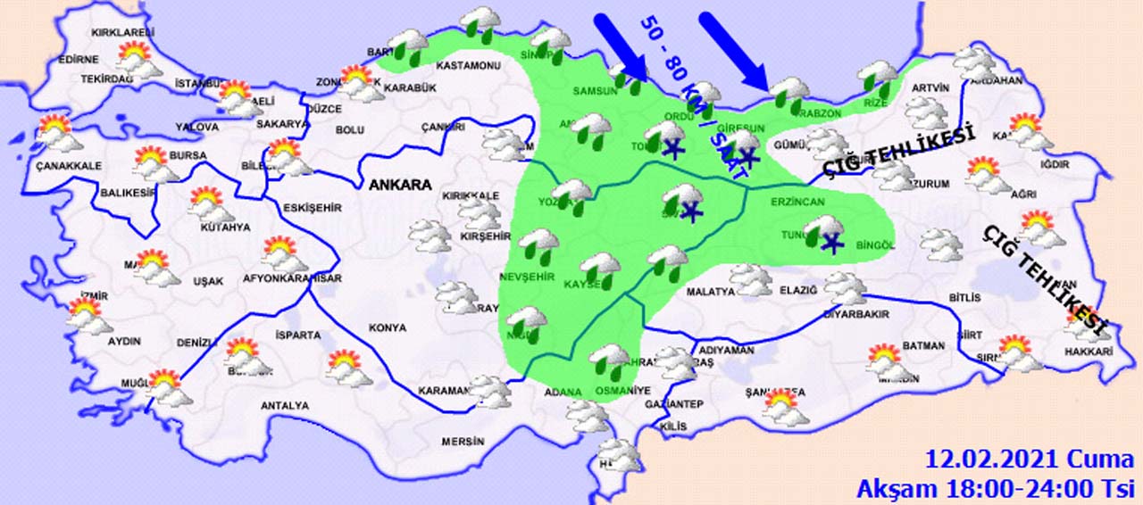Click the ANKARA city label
pos(399,186)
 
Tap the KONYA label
pos(387,328)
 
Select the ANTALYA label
pos(284,406)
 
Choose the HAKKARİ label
pos(1089,352)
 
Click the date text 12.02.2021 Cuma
pos(1030,460)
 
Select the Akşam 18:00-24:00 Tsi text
pos(995,489)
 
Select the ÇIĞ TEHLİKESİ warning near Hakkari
pos(1045,281)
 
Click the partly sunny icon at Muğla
pos(165,387)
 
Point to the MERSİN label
pos(463,442)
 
